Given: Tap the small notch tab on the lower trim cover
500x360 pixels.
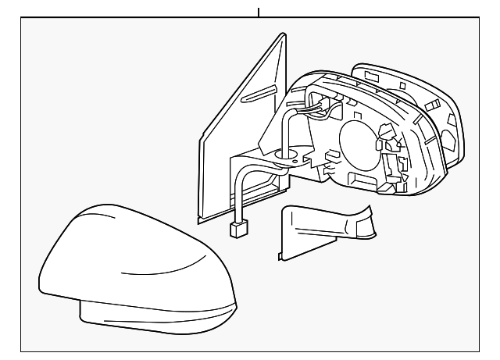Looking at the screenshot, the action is click(282, 253).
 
